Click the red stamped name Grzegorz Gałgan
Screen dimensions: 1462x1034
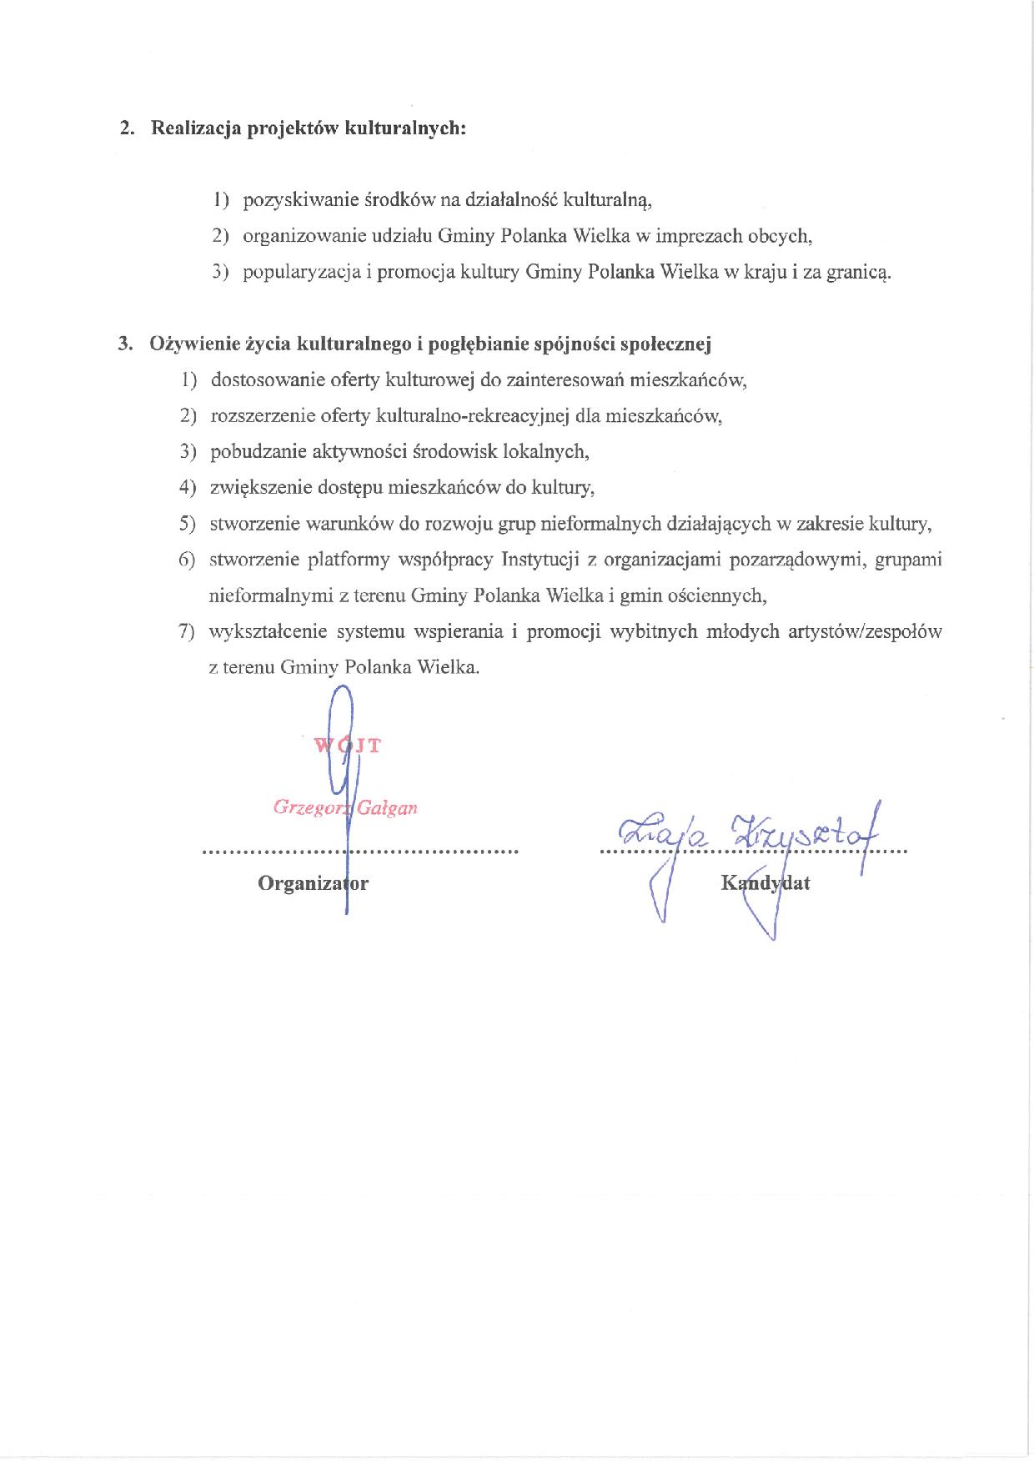pyautogui.click(x=344, y=807)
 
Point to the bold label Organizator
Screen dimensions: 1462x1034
pyautogui.click(x=313, y=882)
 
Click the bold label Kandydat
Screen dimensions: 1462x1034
pyautogui.click(x=765, y=882)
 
